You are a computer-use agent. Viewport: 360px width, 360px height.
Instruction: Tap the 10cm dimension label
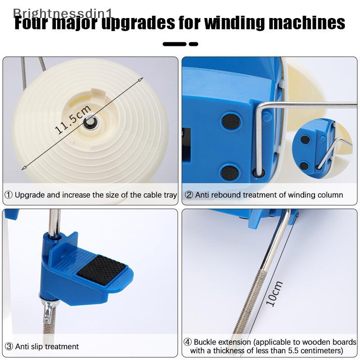pyautogui.click(x=274, y=294)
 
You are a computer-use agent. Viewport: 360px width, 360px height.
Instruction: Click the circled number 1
pyautogui.click(x=9, y=195)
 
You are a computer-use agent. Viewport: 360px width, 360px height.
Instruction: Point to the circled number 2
pyautogui.click(x=189, y=195)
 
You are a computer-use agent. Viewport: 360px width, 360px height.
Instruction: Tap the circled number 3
pyautogui.click(x=9, y=346)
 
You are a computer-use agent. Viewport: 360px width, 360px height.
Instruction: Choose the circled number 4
pyautogui.click(x=188, y=342)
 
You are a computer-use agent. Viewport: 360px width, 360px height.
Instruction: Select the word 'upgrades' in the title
pyautogui.click(x=138, y=23)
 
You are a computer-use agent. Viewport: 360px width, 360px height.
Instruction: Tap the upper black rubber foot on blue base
pyautogui.click(x=231, y=121)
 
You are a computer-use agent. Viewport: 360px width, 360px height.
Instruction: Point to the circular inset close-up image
pyautogui.click(x=323, y=148)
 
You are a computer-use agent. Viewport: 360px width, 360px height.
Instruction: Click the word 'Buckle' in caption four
pyautogui.click(x=205, y=342)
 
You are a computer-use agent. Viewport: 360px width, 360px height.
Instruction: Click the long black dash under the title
pyautogui.click(x=174, y=44)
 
